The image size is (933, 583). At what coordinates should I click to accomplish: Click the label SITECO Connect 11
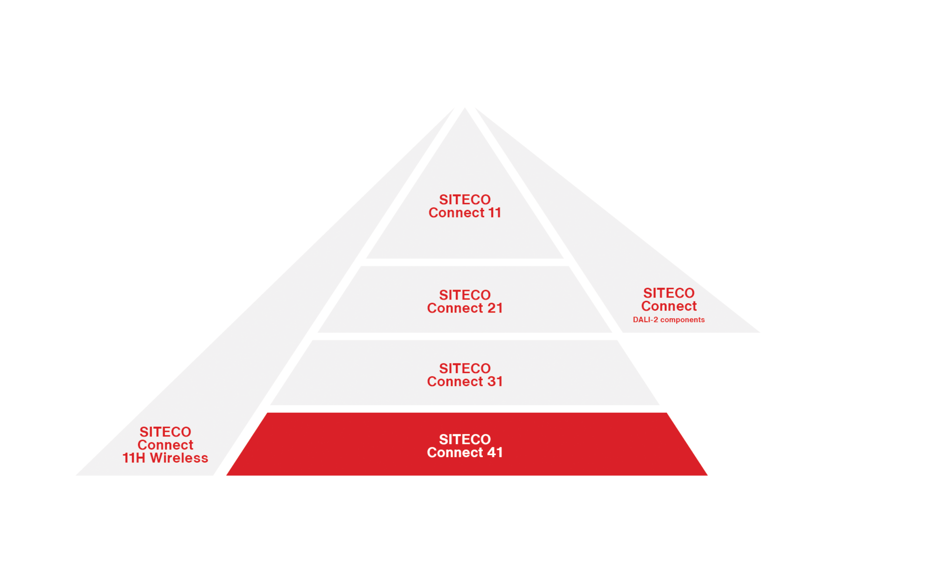[x=465, y=206]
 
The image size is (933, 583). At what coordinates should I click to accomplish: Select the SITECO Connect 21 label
[x=465, y=302]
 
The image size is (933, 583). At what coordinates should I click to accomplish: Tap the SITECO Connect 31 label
[x=465, y=375]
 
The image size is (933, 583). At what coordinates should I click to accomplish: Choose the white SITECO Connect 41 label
[x=465, y=446]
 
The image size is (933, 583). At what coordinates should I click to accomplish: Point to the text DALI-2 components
[x=668, y=320]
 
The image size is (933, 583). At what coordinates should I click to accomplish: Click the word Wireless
[x=179, y=458]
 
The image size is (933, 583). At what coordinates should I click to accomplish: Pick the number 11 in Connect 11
[x=494, y=213]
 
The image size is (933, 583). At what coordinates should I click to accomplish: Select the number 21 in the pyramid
[x=495, y=308]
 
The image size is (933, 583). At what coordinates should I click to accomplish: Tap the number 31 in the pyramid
[x=495, y=382]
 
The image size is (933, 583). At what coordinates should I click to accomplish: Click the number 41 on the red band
[x=495, y=452]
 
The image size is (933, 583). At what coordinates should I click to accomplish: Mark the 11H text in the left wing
[x=134, y=458]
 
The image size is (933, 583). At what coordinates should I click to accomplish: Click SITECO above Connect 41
[x=465, y=439]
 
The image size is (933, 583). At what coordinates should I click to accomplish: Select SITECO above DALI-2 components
[x=668, y=293]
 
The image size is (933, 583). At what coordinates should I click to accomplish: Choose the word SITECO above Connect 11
[x=465, y=200]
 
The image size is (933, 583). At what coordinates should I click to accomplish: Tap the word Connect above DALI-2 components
[x=668, y=306]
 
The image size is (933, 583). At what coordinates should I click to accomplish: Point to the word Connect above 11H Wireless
[x=165, y=445]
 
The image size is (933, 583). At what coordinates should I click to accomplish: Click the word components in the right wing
[x=682, y=320]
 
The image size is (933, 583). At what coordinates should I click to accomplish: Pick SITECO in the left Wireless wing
[x=165, y=432]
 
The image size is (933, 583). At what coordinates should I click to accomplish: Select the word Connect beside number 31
[x=455, y=382]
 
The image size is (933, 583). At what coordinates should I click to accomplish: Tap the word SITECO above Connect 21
[x=465, y=295]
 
